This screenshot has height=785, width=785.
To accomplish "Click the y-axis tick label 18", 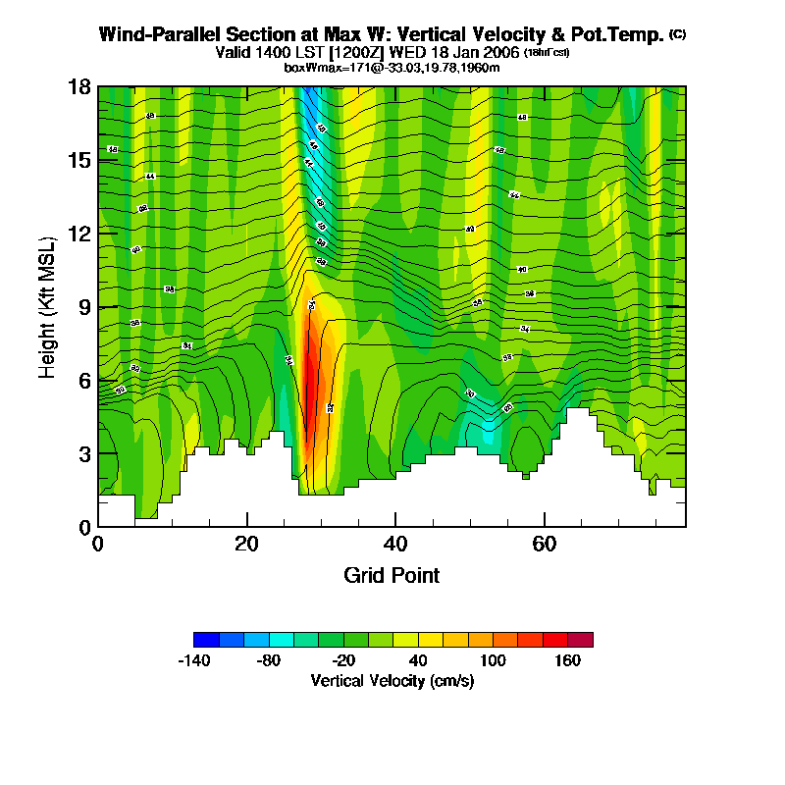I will click(79, 86).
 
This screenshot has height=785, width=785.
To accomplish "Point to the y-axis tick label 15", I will click(79, 160).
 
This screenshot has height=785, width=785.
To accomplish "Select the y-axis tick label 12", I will click(79, 234).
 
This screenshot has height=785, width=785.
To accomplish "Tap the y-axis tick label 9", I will click(84, 307).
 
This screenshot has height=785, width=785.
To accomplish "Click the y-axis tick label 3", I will click(84, 453).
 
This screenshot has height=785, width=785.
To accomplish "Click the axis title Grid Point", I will click(392, 575).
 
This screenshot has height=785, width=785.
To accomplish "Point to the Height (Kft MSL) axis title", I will click(46, 307).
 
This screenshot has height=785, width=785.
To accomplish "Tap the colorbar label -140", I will click(194, 661).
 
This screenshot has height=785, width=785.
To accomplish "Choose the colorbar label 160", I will click(568, 661).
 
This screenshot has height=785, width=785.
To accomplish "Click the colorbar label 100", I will click(493, 661).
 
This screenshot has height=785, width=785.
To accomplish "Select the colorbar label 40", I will click(418, 661).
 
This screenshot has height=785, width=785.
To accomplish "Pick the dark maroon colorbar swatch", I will click(580, 640).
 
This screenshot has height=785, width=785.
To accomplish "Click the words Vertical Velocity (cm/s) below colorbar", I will click(392, 680).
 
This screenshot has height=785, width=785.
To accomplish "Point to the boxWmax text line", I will click(392, 67).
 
